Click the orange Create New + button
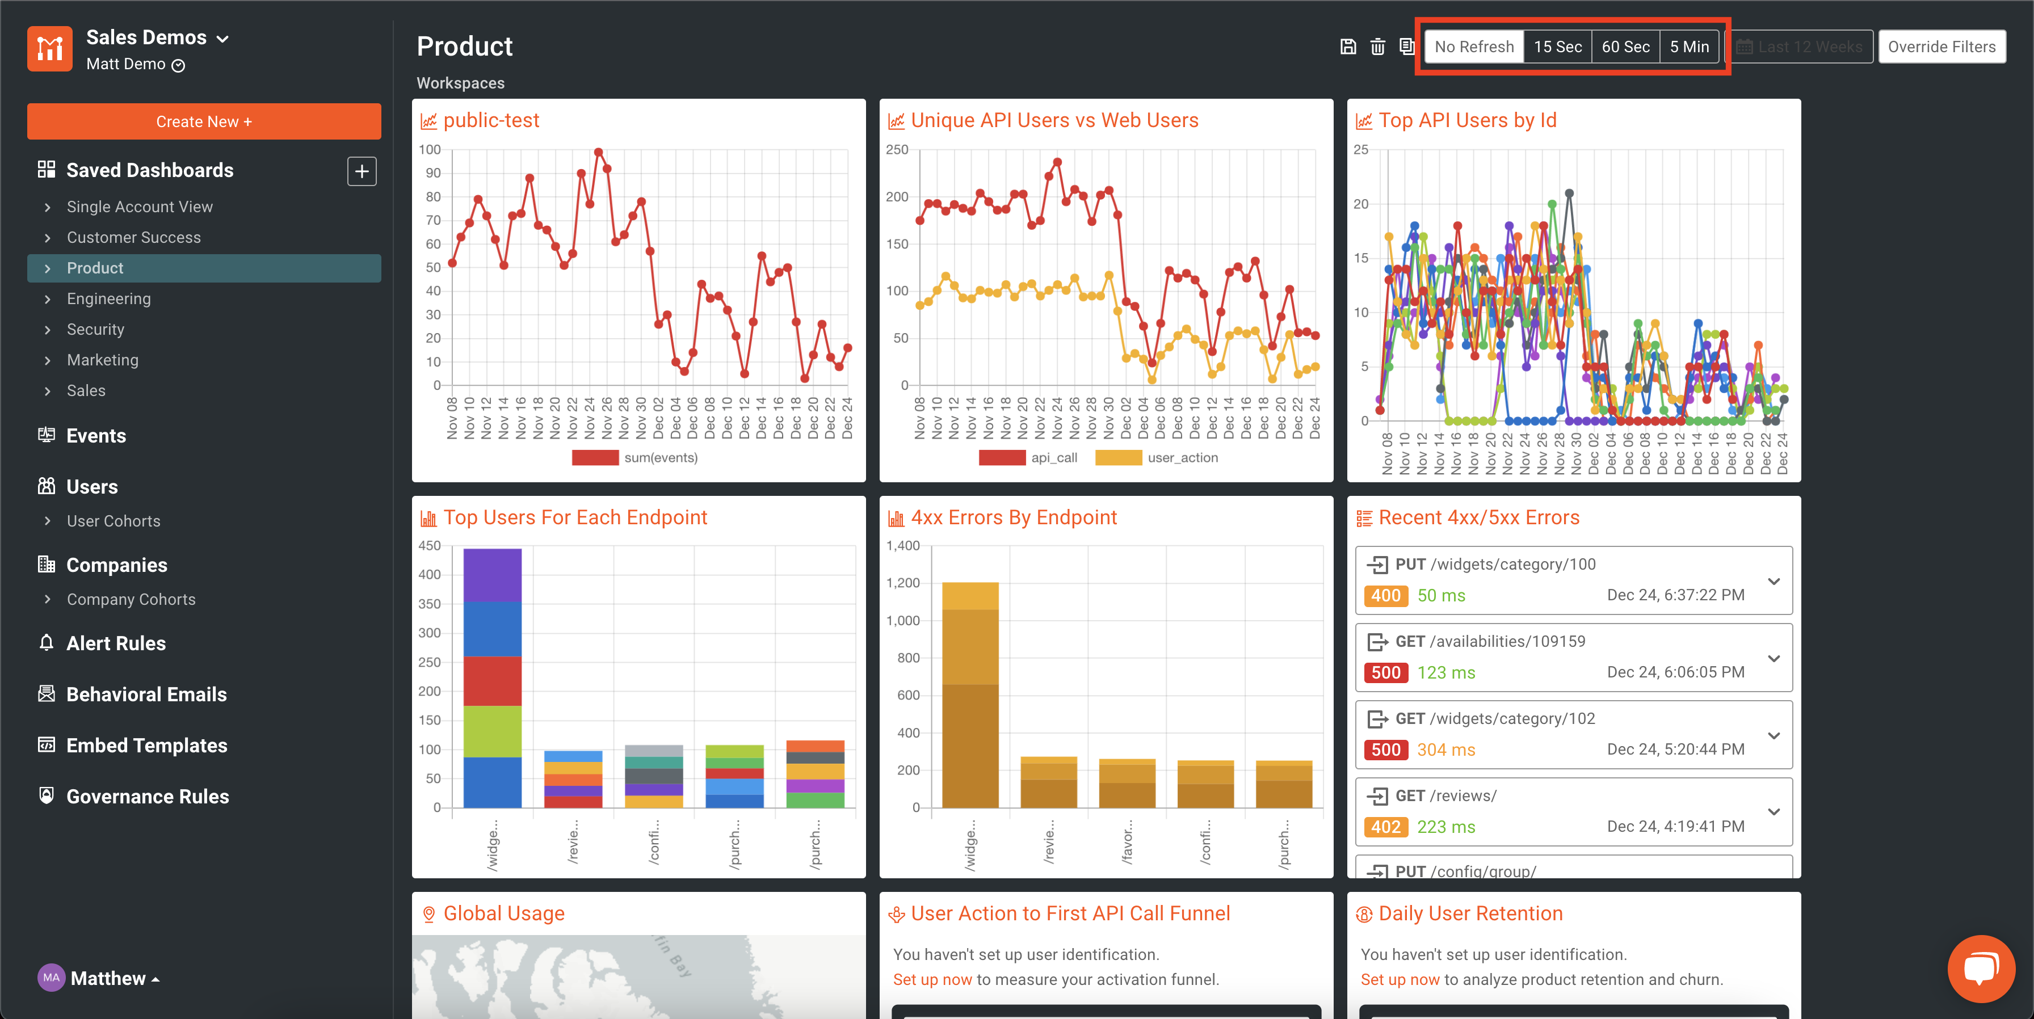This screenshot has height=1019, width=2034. pyautogui.click(x=204, y=121)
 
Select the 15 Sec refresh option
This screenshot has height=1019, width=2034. pyautogui.click(x=1557, y=47)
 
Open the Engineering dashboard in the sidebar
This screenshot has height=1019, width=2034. pyautogui.click(x=109, y=298)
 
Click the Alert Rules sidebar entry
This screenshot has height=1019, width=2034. pyautogui.click(x=116, y=643)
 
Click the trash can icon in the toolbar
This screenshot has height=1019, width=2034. pyautogui.click(x=1377, y=47)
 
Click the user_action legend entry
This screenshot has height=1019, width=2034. pyautogui.click(x=1182, y=458)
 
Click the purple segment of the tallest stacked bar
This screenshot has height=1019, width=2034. pyautogui.click(x=492, y=575)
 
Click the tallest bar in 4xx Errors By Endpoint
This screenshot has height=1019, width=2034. pyautogui.click(x=970, y=694)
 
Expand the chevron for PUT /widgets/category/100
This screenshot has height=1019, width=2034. pyautogui.click(x=1774, y=581)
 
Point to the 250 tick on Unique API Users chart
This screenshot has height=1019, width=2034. pyautogui.click(x=897, y=149)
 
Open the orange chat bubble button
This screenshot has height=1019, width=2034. pyautogui.click(x=1980, y=968)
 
